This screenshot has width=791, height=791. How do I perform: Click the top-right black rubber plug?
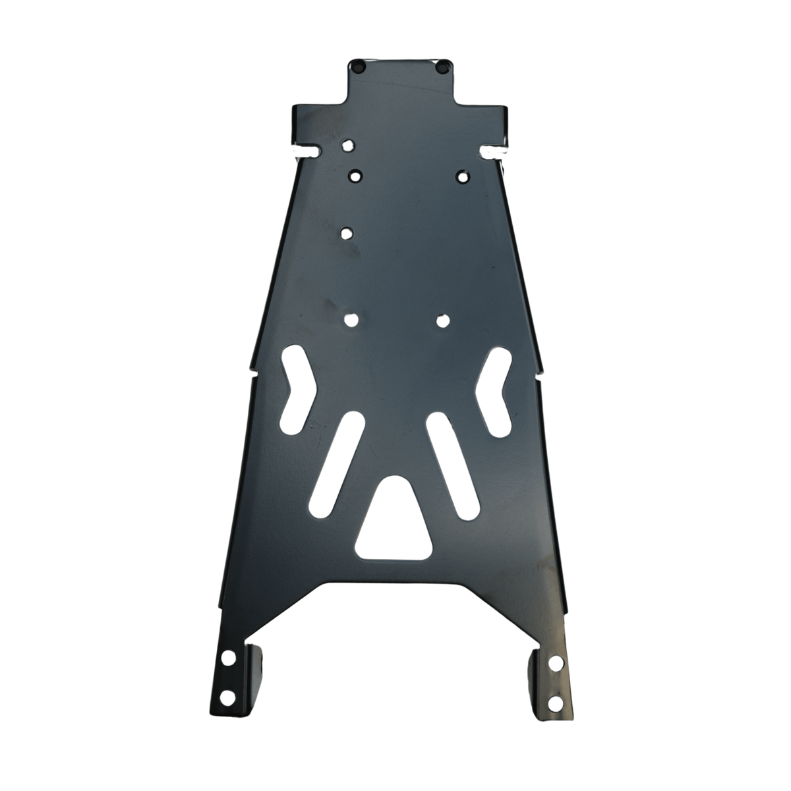coord(442,66)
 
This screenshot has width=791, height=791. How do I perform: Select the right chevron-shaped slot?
coord(494,390)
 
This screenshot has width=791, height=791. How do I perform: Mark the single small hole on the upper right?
coord(463,176)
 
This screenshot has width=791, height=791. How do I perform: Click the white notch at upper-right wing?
coord(492,152)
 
